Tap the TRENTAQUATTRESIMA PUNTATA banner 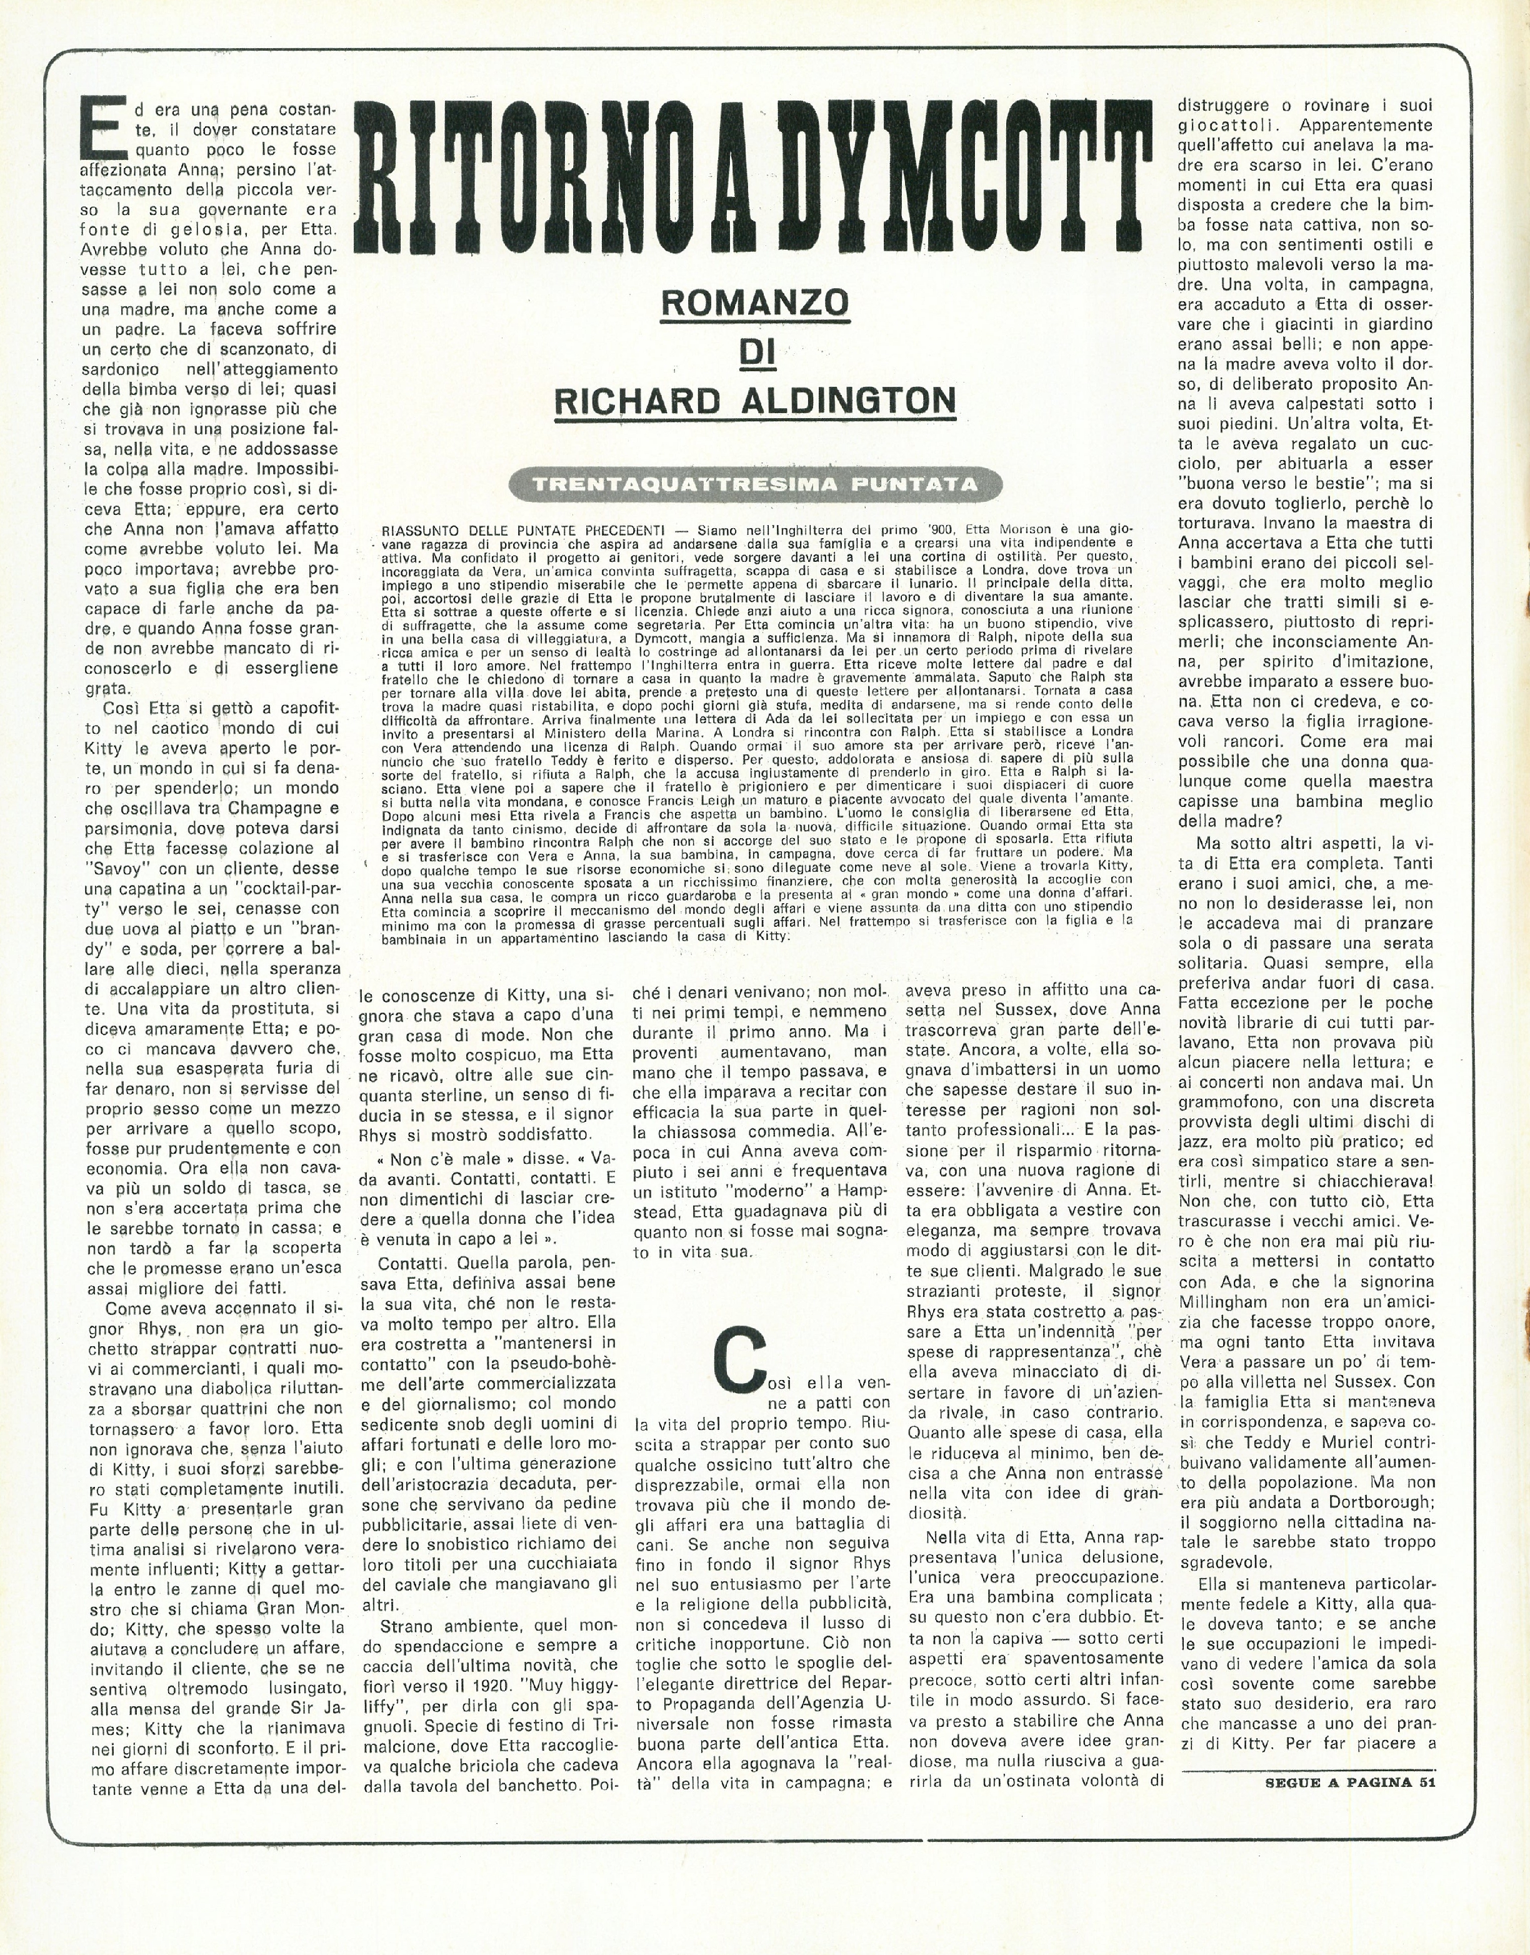tap(754, 484)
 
